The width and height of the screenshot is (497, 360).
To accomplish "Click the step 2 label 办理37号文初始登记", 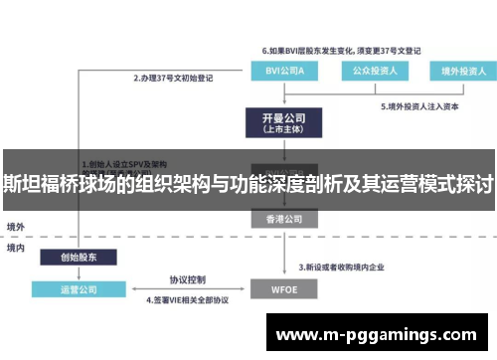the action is coord(175,77).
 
